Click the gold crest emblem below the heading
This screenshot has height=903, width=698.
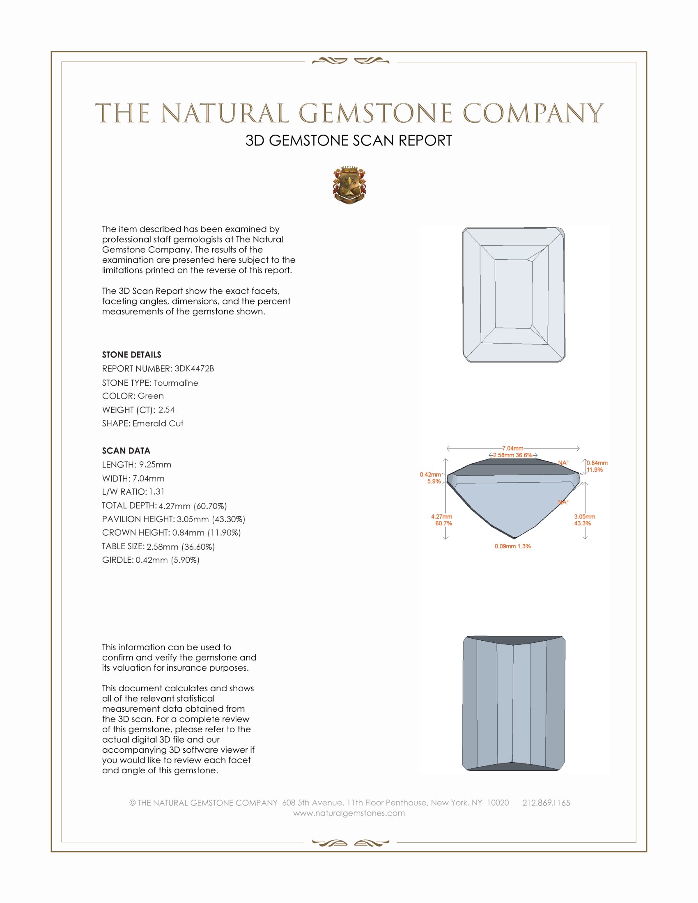coord(349,185)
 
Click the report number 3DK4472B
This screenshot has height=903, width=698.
coord(194,369)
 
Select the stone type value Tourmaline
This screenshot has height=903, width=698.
coord(176,383)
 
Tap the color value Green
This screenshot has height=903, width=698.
coord(151,396)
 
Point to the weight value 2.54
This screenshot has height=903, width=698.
coord(166,410)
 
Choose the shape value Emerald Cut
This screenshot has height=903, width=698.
coord(158,424)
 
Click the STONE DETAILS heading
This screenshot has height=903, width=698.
coord(131,355)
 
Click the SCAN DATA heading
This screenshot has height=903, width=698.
coord(126,451)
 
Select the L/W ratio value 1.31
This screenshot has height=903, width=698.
coord(157,492)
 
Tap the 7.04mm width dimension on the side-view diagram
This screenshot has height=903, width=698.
coord(513,448)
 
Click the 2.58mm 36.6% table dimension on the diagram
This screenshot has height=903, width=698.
coord(513,455)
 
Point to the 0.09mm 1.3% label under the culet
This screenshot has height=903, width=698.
coord(513,546)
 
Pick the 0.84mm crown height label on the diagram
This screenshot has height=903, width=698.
coord(597,463)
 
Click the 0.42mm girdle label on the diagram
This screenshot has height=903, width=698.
coord(430,474)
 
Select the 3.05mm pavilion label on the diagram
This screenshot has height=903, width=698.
coord(584,517)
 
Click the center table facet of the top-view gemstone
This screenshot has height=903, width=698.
coord(513,293)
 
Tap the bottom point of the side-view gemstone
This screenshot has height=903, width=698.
coord(514,538)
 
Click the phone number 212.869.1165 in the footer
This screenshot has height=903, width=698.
coord(546,803)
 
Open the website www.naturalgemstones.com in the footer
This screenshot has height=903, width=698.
coord(349,813)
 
